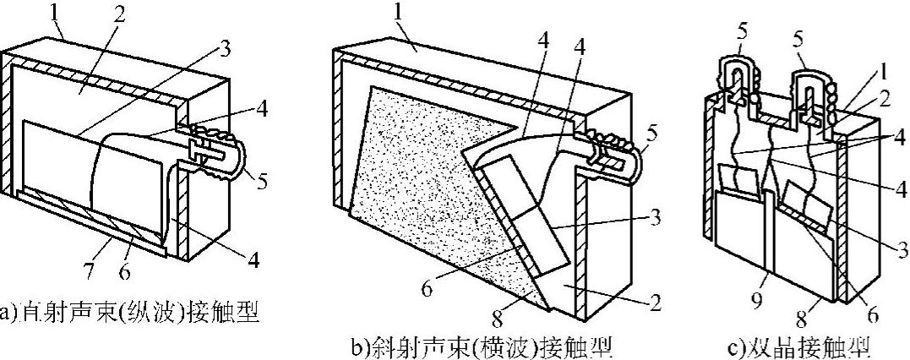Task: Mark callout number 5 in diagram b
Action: tap(654, 133)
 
